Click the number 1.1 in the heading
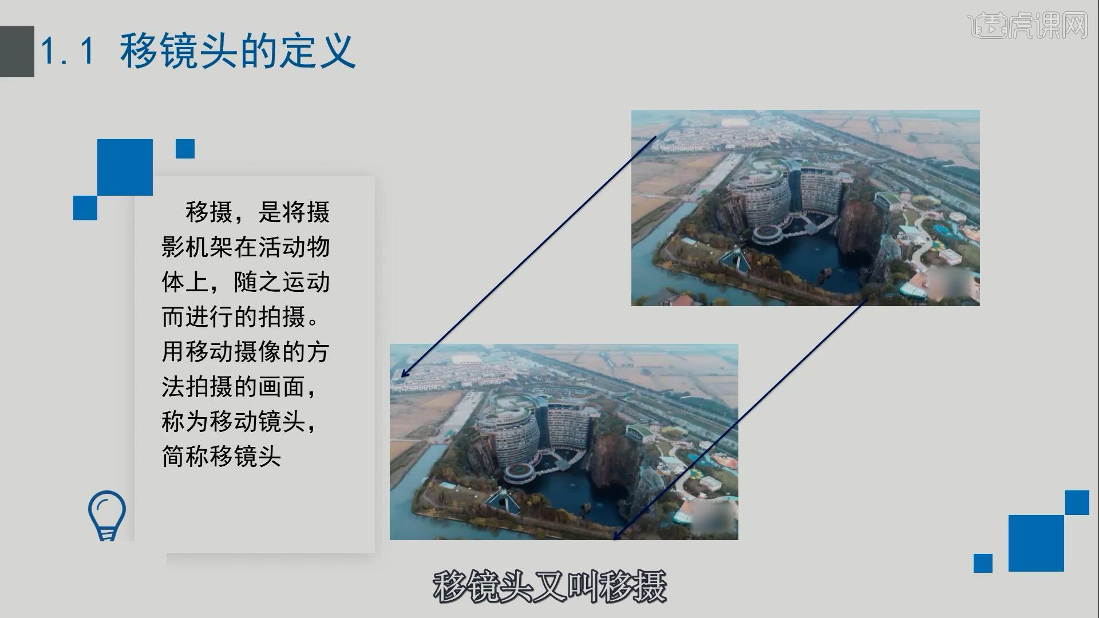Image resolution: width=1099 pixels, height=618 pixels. point(68,51)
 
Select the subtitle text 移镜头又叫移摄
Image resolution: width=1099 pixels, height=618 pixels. point(549,587)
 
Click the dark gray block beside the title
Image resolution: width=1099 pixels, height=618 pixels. point(17,51)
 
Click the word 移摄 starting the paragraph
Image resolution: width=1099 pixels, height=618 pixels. point(209,212)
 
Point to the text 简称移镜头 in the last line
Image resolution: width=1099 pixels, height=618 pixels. point(222,457)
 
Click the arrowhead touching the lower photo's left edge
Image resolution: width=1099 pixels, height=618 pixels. point(404,374)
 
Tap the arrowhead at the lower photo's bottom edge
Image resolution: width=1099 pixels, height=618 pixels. point(616,537)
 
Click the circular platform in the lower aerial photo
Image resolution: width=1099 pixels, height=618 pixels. point(519,472)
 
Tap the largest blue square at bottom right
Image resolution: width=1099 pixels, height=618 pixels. point(1035,543)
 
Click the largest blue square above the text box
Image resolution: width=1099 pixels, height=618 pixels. point(125,167)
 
